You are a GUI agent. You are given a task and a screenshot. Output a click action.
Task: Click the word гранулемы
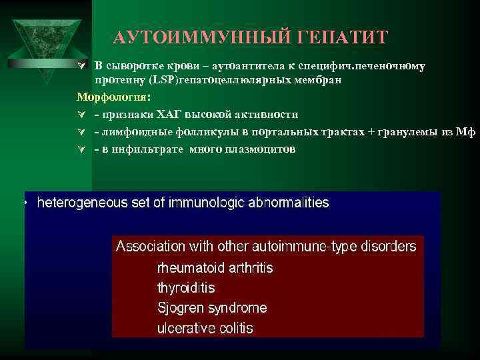coord(410,132)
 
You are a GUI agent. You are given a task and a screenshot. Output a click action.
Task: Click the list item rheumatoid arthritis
coord(215,268)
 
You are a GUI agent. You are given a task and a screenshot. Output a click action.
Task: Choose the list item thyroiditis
coord(186,288)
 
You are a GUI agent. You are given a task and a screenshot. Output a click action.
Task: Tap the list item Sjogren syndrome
coord(211,308)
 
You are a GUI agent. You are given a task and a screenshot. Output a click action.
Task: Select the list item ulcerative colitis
coord(205,328)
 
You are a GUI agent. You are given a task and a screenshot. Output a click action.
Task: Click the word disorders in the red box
coord(389,246)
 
